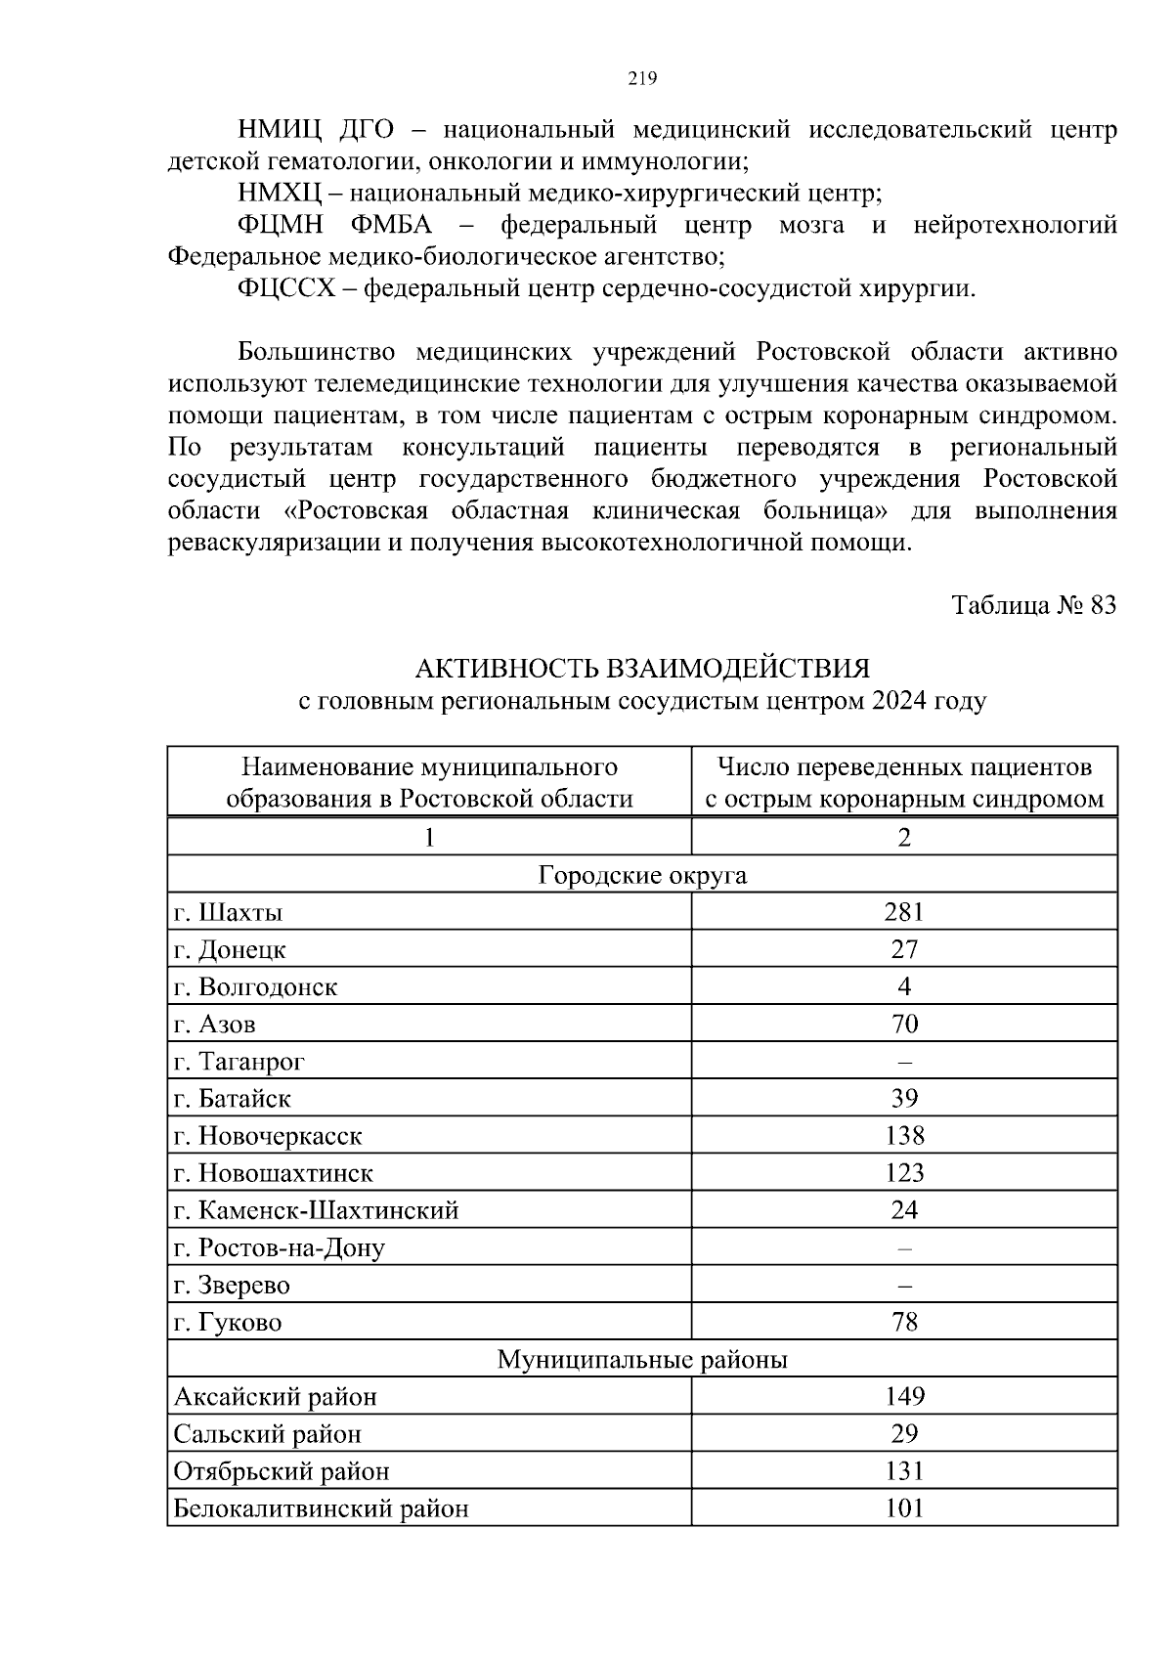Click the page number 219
tap(642, 79)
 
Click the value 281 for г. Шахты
tap(903, 912)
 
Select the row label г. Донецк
tap(231, 949)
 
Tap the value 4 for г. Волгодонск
tap(903, 986)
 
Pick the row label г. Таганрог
tap(239, 1061)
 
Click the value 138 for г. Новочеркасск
tap(903, 1135)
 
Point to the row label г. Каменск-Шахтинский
tap(316, 1210)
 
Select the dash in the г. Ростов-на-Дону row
tap(903, 1248)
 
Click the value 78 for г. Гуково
tap(903, 1323)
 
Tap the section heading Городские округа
tap(642, 874)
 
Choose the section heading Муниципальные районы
tap(642, 1359)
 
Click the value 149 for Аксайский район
tap(903, 1396)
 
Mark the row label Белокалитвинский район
tap(321, 1508)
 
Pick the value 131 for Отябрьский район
tap(903, 1470)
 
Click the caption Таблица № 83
tap(1034, 605)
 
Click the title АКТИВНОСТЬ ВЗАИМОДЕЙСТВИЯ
tap(642, 669)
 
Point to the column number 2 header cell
tap(903, 837)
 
